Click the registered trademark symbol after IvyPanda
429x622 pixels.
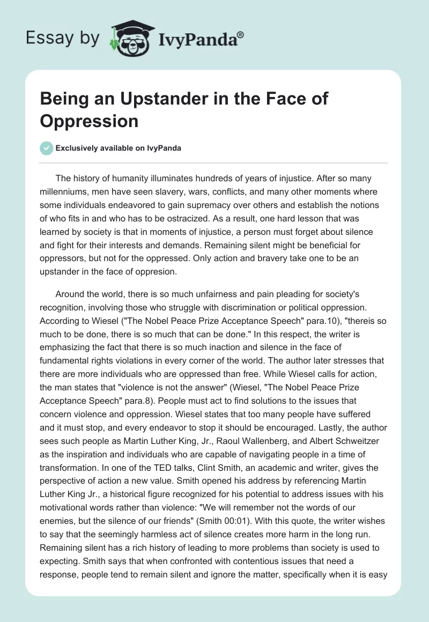point(241,34)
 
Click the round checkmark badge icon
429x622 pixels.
point(47,148)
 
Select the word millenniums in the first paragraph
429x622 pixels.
point(65,192)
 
